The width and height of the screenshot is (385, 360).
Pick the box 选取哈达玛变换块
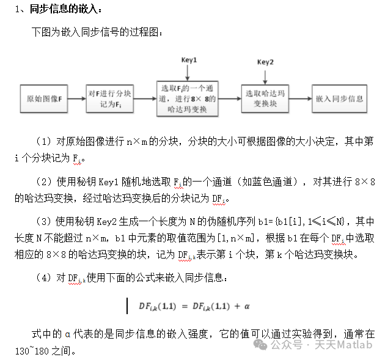265,98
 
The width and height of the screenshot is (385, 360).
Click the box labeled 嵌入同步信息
339,98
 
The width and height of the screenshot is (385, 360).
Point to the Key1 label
189,60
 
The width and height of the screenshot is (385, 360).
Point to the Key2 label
265,62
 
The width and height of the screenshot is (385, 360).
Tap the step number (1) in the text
46,141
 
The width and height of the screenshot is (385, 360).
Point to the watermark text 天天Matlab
343,345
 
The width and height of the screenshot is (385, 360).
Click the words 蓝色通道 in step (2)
277,182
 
